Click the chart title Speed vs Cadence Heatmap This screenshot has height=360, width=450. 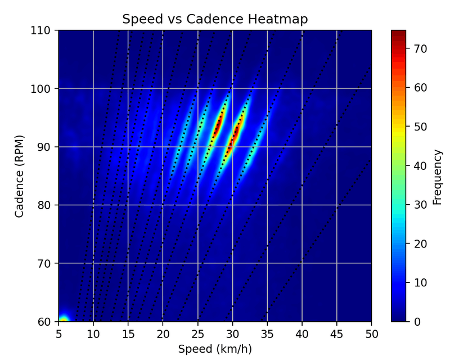pos(215,19)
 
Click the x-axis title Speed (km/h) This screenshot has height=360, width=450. pos(215,349)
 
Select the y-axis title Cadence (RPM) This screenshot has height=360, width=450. pos(19,175)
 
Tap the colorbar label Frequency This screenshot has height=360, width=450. pos(438,175)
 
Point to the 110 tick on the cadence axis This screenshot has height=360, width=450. pos(44,30)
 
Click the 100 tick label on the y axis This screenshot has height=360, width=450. pos(44,89)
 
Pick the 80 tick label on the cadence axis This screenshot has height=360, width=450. pos(46,205)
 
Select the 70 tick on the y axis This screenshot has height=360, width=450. pos(46,263)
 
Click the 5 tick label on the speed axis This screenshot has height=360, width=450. pos(58,333)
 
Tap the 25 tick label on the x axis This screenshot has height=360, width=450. pos(197,333)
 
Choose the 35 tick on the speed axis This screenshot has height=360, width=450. pos(267,333)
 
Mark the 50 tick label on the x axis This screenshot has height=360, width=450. pos(371,333)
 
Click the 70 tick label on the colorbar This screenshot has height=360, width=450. pos(421,49)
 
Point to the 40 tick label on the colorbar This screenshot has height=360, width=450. pos(421,166)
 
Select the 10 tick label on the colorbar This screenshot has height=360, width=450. pos(421,282)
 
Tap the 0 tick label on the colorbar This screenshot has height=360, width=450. pos(418,322)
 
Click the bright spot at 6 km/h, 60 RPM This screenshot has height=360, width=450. pos(64,319)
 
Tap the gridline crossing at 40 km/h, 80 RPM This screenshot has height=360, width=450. pos(302,205)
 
